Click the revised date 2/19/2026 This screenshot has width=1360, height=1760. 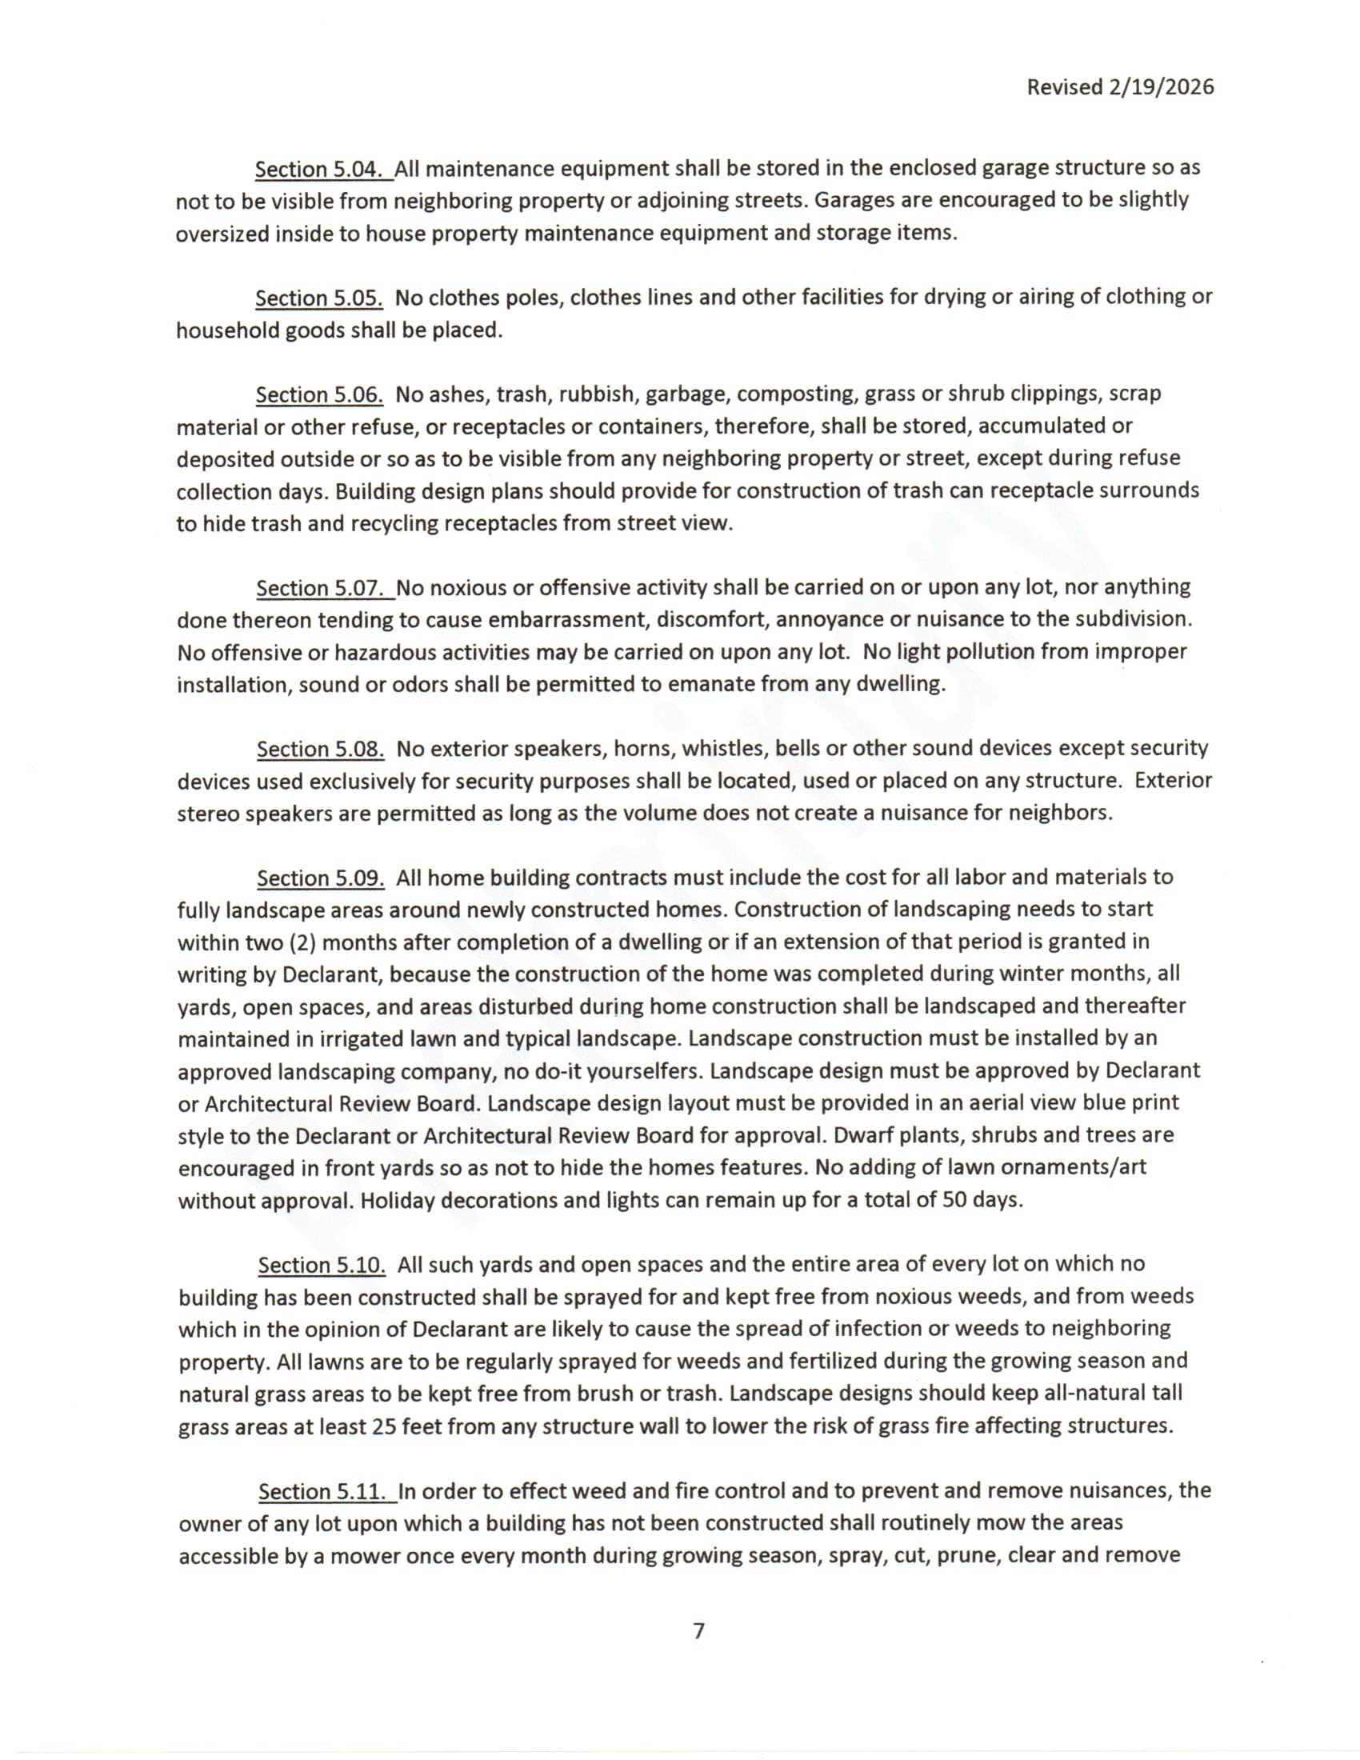pyautogui.click(x=1160, y=87)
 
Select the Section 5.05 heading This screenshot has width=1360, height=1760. pyautogui.click(x=319, y=298)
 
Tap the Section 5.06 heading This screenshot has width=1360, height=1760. pyautogui.click(x=319, y=395)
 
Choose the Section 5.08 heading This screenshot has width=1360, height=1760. pyautogui.click(x=320, y=750)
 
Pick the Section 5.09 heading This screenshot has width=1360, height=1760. pyautogui.click(x=321, y=878)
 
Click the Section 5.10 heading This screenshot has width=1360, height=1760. pyautogui.click(x=322, y=1266)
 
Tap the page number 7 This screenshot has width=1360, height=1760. pyautogui.click(x=698, y=1630)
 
